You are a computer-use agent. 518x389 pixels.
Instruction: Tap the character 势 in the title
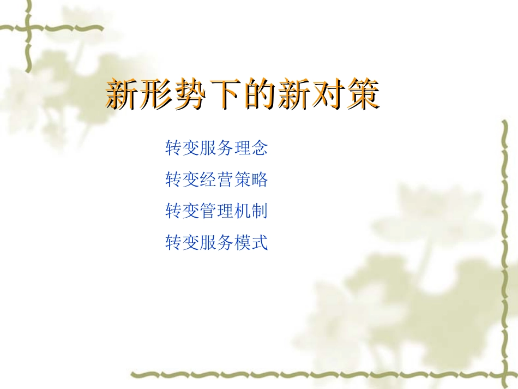189,94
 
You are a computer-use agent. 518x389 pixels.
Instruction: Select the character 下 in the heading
224,94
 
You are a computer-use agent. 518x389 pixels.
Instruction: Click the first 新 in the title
121,94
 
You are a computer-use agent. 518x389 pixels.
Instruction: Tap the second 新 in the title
292,94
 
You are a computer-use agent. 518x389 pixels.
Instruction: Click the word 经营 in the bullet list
216,179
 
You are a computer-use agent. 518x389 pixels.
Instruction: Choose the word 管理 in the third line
216,211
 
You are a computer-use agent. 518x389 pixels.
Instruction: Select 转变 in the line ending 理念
182,147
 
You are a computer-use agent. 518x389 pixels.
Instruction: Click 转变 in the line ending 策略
182,179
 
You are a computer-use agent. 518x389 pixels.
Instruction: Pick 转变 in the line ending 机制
182,211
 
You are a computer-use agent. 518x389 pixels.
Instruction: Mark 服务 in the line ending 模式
216,242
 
